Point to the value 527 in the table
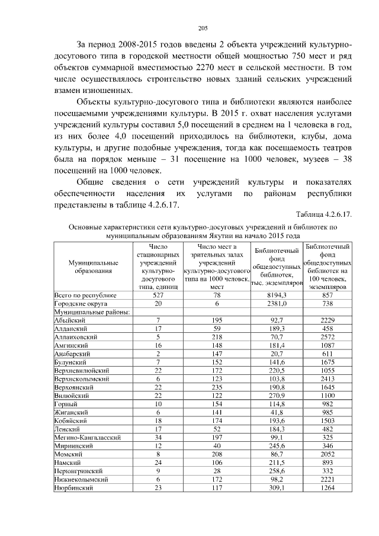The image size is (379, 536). [x=158, y=294]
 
